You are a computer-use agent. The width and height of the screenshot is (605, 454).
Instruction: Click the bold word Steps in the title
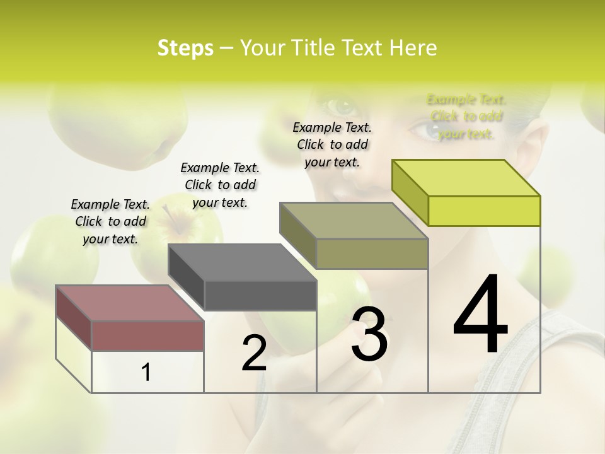[x=185, y=48]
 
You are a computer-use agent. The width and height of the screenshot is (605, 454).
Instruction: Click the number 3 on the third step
[x=369, y=334]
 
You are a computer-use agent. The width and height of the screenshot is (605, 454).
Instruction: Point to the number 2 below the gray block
[x=255, y=353]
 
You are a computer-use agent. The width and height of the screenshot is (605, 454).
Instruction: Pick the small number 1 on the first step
[x=146, y=373]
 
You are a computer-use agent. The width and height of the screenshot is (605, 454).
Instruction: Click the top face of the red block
[x=129, y=303]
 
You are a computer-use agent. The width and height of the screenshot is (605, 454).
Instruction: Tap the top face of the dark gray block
[x=242, y=262]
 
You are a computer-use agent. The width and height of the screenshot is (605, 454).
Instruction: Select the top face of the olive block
[x=354, y=221]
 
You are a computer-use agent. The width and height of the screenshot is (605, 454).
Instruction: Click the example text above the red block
[x=110, y=221]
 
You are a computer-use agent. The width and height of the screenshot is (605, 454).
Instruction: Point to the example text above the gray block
[x=220, y=185]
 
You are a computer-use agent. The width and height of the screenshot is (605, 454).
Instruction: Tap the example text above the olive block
[x=332, y=144]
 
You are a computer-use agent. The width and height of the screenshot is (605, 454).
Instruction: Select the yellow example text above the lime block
[x=466, y=117]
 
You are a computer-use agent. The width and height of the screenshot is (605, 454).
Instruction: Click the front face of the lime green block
[x=484, y=211]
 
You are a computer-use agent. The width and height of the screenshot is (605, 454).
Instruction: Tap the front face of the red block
[x=147, y=335]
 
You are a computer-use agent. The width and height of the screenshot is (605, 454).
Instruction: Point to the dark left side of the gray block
[x=186, y=277]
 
